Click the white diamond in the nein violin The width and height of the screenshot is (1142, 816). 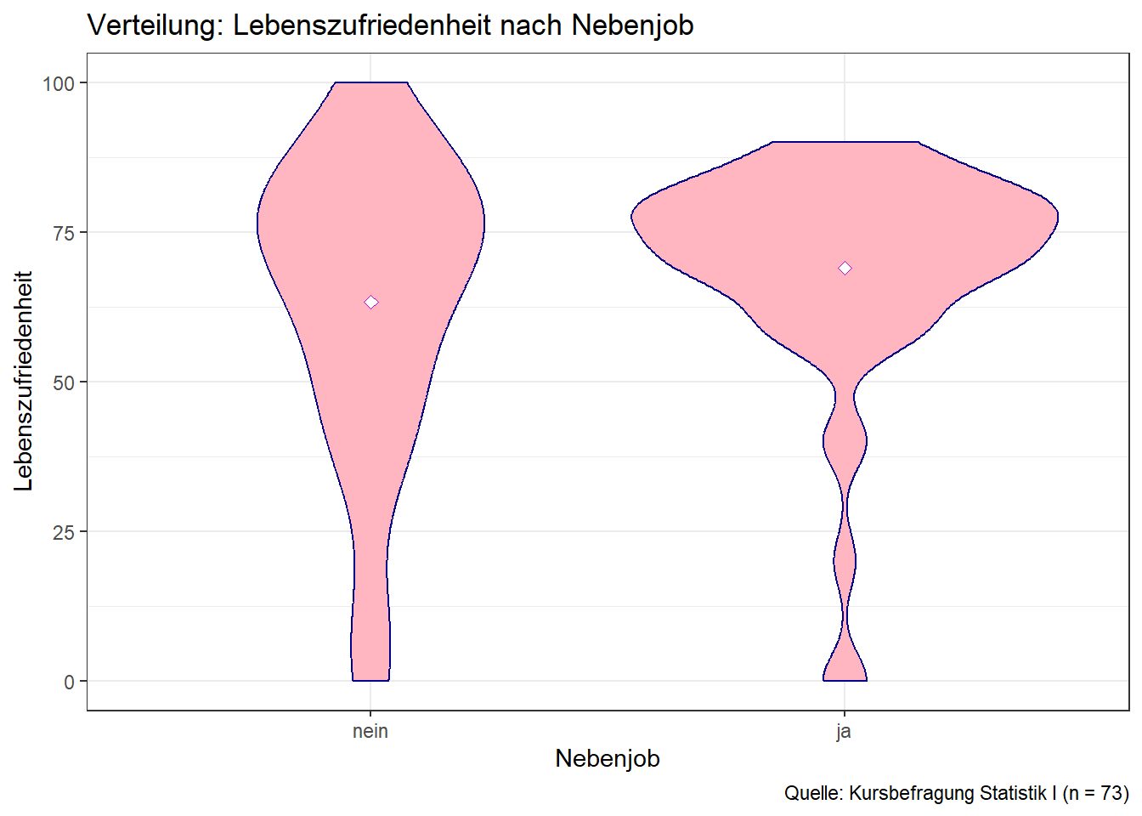pyautogui.click(x=371, y=302)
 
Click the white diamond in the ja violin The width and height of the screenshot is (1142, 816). pyautogui.click(x=845, y=268)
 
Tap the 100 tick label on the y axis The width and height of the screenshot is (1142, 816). pyautogui.click(x=59, y=83)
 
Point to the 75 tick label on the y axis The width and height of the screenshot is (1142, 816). pyautogui.click(x=64, y=233)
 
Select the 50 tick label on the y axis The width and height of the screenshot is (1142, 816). pyautogui.click(x=64, y=382)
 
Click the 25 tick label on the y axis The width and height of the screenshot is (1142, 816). pyautogui.click(x=64, y=532)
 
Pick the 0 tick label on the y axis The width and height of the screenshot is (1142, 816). pyautogui.click(x=69, y=682)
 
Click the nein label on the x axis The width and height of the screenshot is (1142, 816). pyautogui.click(x=370, y=731)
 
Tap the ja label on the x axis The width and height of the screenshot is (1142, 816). pyautogui.click(x=844, y=731)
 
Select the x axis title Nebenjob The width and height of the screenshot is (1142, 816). pyautogui.click(x=608, y=758)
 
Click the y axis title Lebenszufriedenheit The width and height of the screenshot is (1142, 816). pyautogui.click(x=24, y=381)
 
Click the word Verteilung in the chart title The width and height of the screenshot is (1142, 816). pyautogui.click(x=155, y=25)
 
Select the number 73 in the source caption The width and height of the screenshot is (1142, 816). pyautogui.click(x=1112, y=793)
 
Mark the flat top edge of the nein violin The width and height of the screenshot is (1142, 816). pyautogui.click(x=371, y=82)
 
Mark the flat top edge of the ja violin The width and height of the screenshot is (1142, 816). pyautogui.click(x=845, y=142)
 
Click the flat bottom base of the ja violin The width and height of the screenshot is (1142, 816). pyautogui.click(x=845, y=681)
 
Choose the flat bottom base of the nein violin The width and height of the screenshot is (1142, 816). pyautogui.click(x=370, y=681)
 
